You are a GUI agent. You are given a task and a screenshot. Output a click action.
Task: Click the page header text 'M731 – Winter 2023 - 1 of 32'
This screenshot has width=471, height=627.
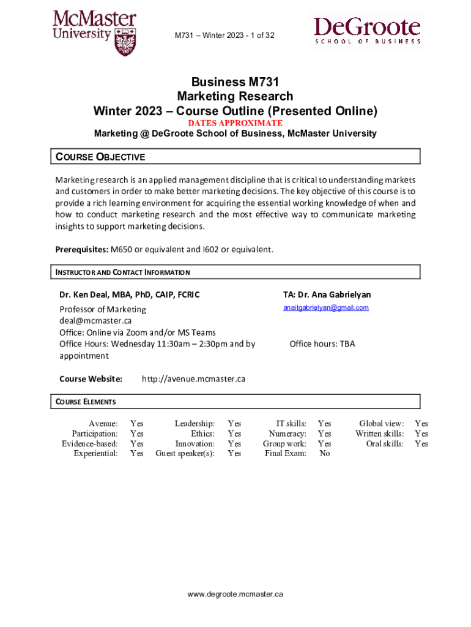224,36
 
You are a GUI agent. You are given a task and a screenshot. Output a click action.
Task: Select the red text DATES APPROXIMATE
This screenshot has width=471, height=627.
235,123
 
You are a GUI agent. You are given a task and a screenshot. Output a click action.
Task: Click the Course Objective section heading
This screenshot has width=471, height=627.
101,157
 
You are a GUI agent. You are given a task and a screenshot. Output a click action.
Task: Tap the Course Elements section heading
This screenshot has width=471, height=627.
86,402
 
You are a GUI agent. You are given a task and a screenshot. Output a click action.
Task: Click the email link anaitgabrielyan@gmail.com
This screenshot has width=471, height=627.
325,307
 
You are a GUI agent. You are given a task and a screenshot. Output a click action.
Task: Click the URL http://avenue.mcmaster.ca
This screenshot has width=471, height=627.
193,379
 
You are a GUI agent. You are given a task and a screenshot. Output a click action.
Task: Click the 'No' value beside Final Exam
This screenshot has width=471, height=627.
324,454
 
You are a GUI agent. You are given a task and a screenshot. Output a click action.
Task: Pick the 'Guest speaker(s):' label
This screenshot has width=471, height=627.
185,454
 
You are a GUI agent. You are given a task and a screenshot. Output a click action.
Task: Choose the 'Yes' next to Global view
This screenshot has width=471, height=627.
421,423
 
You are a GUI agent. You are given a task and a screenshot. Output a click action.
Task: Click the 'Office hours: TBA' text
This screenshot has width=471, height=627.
322,344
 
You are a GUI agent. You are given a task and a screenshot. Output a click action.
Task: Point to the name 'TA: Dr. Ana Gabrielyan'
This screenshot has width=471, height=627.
327,295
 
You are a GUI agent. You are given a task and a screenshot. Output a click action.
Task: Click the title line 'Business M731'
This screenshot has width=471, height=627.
235,81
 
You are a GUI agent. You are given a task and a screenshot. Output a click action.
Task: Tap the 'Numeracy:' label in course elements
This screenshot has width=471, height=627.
287,434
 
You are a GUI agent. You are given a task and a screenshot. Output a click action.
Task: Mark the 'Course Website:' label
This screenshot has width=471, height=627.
91,379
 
